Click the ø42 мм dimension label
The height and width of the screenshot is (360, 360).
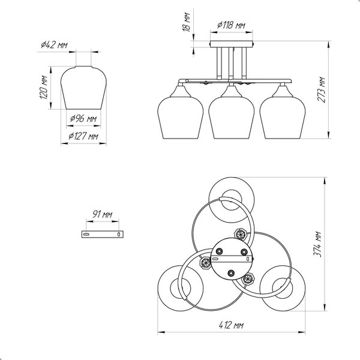[54, 45]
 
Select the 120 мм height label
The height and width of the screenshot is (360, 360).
[44, 87]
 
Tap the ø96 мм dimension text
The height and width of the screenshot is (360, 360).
[83, 119]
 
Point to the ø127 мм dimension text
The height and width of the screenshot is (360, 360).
[83, 136]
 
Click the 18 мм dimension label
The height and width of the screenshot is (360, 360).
[186, 22]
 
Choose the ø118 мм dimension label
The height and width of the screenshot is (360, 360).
[231, 25]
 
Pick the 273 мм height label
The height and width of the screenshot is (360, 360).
[321, 89]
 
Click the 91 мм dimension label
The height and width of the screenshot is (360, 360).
[103, 214]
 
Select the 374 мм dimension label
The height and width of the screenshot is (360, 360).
[317, 244]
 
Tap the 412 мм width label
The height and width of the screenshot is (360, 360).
[231, 325]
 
